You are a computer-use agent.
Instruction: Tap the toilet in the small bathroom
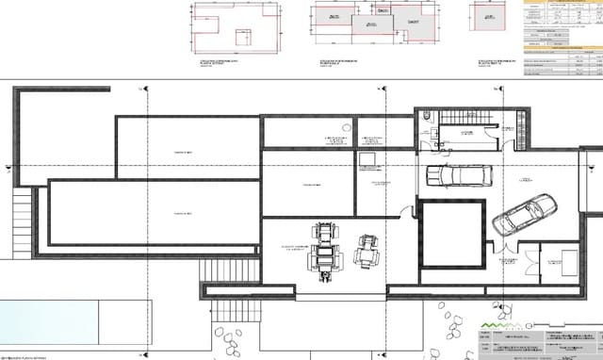coord(429,117)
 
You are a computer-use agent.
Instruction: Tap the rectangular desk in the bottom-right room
coord(570,259)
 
